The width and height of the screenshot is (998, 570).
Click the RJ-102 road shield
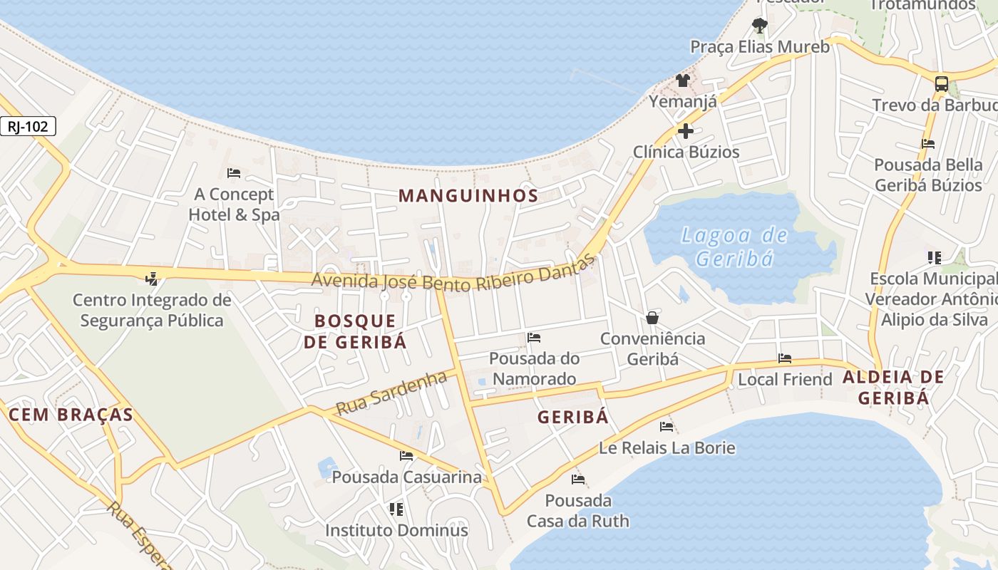28,127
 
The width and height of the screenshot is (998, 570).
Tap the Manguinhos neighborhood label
468,195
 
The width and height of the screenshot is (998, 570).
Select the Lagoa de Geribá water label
734,247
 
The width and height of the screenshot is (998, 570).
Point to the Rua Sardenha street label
391,393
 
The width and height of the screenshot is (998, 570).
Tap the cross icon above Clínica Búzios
686,131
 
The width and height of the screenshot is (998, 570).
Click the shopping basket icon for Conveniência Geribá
652,318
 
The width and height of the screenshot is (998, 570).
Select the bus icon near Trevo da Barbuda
942,83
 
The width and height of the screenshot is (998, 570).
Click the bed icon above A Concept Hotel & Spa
233,173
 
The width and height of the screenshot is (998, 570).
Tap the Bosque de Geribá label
355,331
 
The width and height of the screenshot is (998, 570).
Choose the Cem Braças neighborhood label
71,415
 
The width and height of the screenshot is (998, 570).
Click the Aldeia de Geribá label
893,388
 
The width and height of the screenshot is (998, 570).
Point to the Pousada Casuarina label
407,477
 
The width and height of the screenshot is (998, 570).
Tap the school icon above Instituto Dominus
396,509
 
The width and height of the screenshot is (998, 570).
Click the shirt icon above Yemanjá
683,80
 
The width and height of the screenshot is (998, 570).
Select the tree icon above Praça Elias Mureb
760,26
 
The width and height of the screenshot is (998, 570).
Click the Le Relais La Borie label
667,447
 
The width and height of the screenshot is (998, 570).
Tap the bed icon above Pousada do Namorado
534,338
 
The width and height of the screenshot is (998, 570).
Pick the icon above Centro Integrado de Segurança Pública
151,278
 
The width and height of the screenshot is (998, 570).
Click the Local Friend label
785,379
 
